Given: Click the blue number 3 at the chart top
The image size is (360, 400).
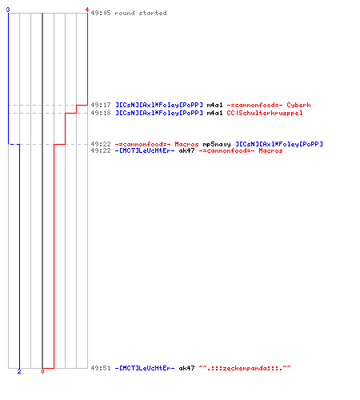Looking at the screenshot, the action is [8, 10].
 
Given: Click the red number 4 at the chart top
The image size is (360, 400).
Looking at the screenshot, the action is [87, 10].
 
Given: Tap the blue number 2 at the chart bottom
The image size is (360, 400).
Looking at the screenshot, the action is [19, 371].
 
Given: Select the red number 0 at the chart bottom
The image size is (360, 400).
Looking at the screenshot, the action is [42, 371].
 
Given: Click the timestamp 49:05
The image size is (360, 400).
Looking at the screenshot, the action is [101, 13].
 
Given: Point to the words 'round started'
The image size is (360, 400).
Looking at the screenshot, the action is [141, 13].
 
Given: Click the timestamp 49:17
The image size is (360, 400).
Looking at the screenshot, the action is [101, 105].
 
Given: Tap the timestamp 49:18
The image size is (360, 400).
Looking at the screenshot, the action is [101, 113].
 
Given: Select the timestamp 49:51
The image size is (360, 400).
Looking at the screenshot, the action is [101, 368].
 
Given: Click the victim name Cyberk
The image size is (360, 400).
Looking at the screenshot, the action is [298, 105].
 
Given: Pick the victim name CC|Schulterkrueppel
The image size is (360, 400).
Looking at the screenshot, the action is [265, 113].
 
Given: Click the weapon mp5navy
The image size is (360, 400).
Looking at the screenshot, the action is [217, 144].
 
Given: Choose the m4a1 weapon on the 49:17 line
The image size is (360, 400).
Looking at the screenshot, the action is [214, 105].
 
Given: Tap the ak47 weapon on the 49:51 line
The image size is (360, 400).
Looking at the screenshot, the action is [186, 368].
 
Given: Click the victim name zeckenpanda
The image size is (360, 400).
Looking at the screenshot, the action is [245, 368].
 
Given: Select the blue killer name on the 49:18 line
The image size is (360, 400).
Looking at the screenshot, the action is [159, 113].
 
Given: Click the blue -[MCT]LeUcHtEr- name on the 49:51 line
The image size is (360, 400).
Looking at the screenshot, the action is [145, 368].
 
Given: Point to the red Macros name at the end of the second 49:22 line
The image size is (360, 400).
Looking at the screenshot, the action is [270, 150].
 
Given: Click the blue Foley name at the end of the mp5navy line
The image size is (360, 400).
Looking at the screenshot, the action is [279, 144].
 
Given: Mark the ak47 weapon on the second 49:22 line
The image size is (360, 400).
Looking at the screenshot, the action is [186, 150].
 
